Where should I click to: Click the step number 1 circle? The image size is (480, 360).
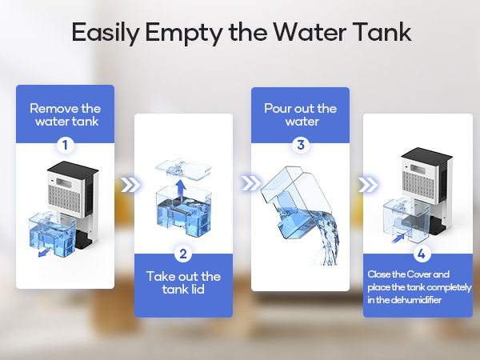pyautogui.click(x=65, y=146)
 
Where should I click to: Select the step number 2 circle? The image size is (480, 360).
pyautogui.click(x=183, y=254)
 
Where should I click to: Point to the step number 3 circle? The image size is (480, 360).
pyautogui.click(x=301, y=145)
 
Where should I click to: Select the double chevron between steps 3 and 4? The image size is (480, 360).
pyautogui.click(x=368, y=186)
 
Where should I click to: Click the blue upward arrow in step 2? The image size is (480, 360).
pyautogui.click(x=183, y=186)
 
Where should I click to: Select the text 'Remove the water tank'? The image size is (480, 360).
pyautogui.click(x=65, y=114)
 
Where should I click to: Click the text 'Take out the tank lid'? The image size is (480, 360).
pyautogui.click(x=183, y=282)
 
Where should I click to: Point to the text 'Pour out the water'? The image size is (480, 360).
pyautogui.click(x=301, y=115)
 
